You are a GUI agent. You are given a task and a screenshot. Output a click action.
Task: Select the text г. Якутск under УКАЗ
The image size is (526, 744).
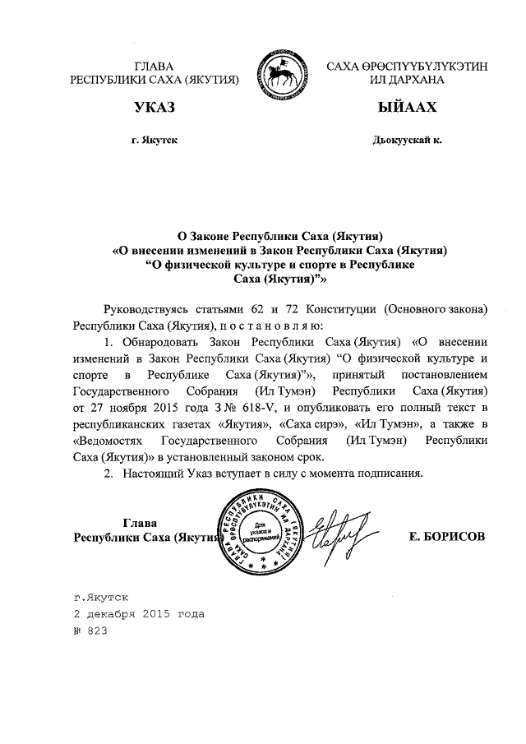pos(154,141)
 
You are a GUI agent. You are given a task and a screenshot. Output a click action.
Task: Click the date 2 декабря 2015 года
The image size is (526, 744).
pos(138,614)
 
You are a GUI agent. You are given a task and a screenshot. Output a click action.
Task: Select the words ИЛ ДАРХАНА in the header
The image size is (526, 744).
pos(407,80)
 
